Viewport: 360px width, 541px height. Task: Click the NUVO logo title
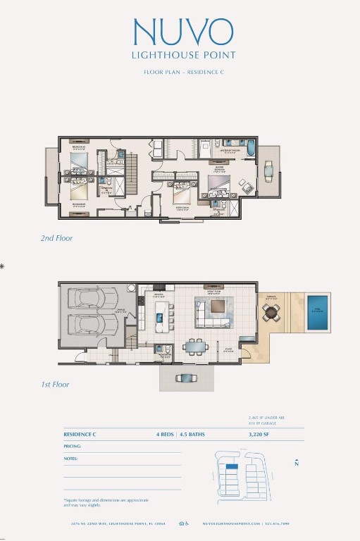[x=183, y=32]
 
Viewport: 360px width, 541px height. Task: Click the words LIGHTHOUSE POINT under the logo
[x=183, y=55]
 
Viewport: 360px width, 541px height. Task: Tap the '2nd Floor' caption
[x=56, y=238]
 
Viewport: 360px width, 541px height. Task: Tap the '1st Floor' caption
[x=55, y=385]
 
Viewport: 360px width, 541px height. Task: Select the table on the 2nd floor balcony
[x=268, y=170]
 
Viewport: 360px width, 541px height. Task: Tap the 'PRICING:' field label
[x=73, y=447]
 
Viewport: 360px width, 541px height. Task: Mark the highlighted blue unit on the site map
[x=232, y=466]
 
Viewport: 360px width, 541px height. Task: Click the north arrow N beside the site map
[x=298, y=463]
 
